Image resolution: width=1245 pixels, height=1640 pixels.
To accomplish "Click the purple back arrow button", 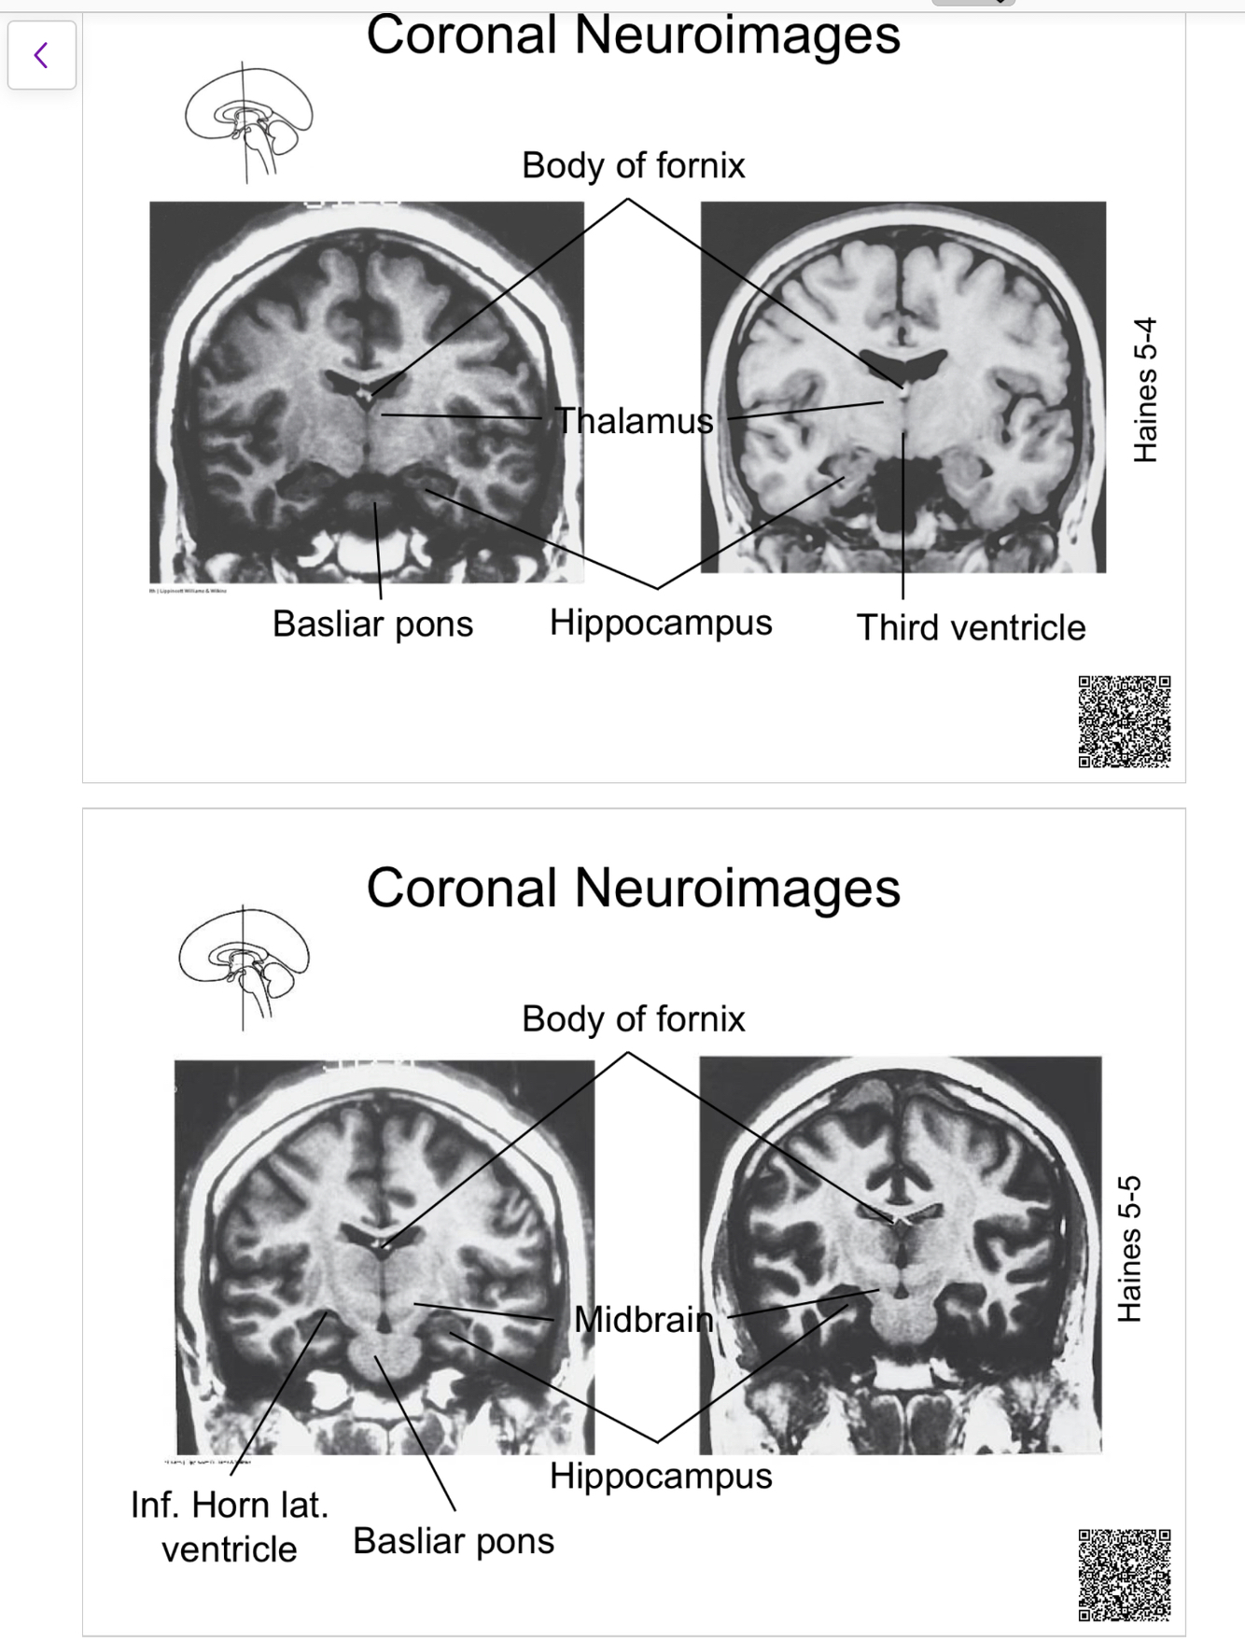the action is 41,55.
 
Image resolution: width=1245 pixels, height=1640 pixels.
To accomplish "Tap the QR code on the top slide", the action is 1124,722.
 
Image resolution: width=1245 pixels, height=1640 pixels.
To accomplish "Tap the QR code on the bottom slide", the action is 1124,1574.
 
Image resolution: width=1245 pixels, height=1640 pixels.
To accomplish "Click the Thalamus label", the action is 635,421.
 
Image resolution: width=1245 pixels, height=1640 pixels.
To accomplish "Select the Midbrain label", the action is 643,1319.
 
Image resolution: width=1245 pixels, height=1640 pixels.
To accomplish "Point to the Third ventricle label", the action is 971,627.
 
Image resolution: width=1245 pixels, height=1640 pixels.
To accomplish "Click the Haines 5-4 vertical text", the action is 1145,390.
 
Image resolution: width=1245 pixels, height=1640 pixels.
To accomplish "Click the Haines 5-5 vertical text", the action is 1130,1248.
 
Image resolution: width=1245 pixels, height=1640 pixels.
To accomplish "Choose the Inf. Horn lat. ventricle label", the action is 230,1526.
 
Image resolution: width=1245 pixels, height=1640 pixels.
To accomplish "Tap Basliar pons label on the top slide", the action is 372,624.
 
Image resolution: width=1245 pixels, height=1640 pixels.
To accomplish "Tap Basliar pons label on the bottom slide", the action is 454,1540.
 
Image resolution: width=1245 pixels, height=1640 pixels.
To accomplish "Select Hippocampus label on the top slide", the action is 661,623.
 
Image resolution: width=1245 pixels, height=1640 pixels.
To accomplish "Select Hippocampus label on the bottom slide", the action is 661,1476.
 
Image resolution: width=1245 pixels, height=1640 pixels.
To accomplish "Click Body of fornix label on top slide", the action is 633,165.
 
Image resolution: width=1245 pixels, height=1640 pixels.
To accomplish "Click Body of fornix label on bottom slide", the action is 633,1018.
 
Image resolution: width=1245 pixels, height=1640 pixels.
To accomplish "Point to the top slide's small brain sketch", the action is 248,122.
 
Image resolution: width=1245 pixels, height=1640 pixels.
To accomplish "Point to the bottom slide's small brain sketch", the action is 244,966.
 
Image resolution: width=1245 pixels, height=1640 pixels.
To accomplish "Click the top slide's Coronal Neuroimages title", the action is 633,35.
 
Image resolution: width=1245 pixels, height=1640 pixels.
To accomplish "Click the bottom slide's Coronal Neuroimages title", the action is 633,887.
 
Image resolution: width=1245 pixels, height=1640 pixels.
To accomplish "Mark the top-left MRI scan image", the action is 367,392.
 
